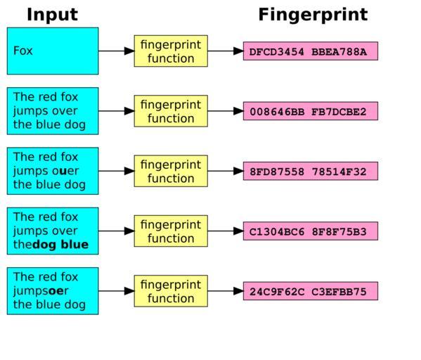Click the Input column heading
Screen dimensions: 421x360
(x=52, y=15)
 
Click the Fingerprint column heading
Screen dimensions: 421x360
(x=313, y=15)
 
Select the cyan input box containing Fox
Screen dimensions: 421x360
(x=53, y=51)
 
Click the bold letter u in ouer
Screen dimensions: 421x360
(x=63, y=171)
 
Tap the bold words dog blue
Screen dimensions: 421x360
(x=60, y=244)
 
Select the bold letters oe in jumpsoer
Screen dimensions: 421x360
(x=56, y=291)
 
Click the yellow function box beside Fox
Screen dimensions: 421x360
(x=171, y=51)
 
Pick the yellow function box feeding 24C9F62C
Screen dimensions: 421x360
(x=171, y=291)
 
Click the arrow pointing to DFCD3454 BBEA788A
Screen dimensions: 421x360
(x=226, y=51)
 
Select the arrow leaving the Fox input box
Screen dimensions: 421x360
(x=116, y=51)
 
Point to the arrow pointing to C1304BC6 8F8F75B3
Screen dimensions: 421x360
(x=226, y=231)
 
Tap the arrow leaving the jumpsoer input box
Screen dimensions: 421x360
(x=116, y=291)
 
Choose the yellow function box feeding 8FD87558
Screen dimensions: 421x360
(x=171, y=171)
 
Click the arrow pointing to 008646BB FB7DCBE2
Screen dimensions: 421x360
(x=226, y=111)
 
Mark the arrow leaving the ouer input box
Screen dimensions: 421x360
(x=116, y=171)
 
